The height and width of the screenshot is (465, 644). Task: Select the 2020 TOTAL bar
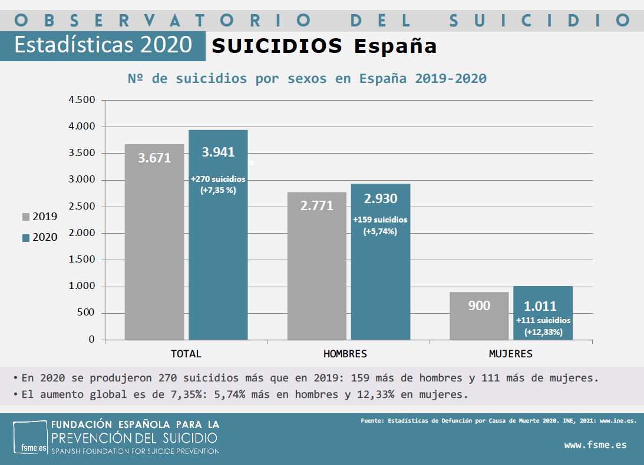pos(218,259)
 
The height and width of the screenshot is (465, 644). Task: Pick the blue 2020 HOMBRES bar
pos(381,283)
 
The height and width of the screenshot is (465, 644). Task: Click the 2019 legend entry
pos(40,217)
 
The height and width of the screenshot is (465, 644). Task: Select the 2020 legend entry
pos(40,237)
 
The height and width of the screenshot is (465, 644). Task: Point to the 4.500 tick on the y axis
pos(82,100)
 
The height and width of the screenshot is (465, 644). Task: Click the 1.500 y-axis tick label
pos(82,260)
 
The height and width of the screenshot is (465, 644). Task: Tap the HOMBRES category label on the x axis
pos(345,354)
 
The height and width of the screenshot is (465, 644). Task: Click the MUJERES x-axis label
pos(510,354)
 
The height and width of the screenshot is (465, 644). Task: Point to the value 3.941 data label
pos(218,152)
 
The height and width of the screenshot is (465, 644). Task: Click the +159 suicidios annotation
pos(380,220)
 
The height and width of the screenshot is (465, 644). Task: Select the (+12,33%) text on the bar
pos(543,332)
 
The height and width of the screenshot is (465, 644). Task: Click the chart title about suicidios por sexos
pos(307,78)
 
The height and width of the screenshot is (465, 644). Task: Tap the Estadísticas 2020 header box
pos(103,45)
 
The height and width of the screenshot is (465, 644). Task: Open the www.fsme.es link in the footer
pos(595,445)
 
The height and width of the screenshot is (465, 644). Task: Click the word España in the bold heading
pos(395,46)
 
